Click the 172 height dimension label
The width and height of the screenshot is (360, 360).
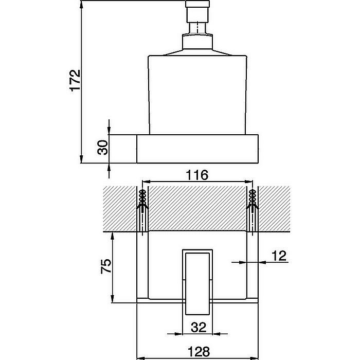[75, 81]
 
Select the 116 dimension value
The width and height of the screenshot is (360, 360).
[197, 175]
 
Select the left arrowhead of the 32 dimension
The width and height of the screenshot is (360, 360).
[185, 332]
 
